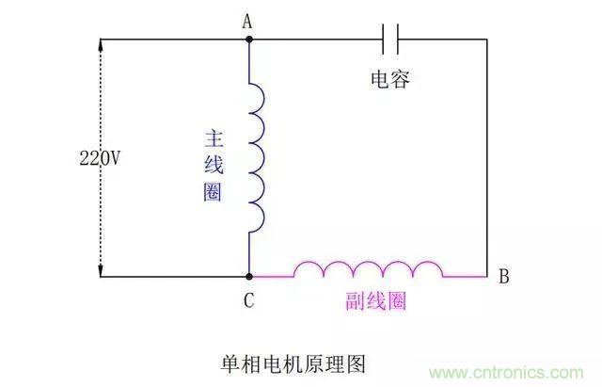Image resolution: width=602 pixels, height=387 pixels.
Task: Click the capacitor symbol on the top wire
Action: (391, 40)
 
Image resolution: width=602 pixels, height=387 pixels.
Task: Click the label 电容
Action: (391, 81)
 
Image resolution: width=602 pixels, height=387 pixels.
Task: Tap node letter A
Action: (248, 20)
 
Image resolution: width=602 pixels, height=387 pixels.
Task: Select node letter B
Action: (504, 277)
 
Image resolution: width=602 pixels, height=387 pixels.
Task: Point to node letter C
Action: (248, 301)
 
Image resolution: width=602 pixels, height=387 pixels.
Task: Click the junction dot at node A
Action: (249, 40)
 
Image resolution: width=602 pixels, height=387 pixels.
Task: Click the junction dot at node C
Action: (249, 277)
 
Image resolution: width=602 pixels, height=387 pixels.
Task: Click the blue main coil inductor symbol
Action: (258, 154)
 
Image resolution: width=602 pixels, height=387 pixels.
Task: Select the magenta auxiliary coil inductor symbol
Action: (368, 269)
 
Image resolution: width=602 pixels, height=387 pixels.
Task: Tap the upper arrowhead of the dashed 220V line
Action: (101, 46)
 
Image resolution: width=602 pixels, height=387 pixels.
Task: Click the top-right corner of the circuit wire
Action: (487, 40)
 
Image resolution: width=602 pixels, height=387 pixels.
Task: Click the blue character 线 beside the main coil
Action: (214, 166)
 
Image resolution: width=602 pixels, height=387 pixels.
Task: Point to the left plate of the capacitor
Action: (386, 40)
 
